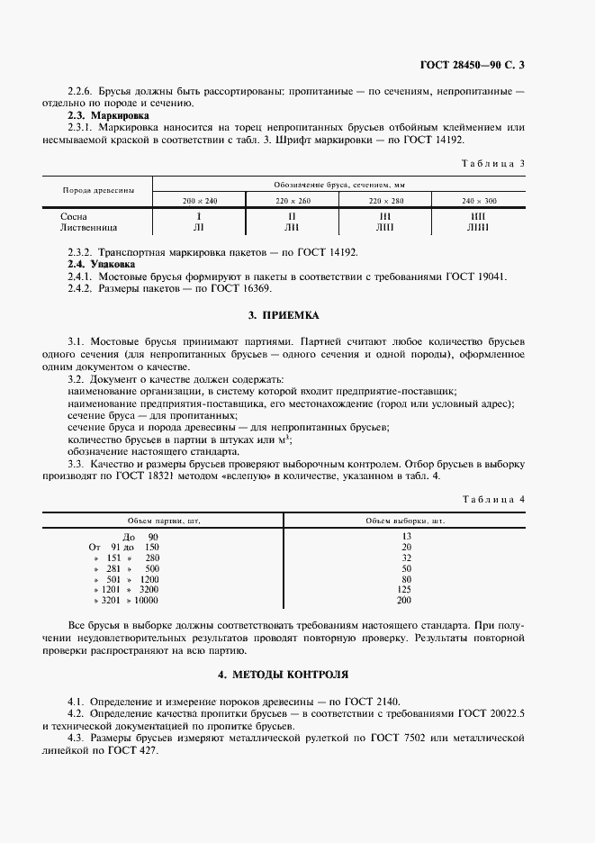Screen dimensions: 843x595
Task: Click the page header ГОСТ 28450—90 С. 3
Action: click(x=472, y=64)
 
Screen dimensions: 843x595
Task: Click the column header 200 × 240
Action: click(x=200, y=200)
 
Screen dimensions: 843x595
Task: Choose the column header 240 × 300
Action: click(x=479, y=200)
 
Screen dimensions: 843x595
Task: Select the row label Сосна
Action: click(x=74, y=217)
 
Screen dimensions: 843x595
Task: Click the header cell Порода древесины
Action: click(x=98, y=190)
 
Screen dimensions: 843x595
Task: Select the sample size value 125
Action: click(x=405, y=589)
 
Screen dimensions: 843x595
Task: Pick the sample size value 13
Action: click(x=405, y=536)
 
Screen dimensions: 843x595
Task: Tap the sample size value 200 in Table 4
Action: click(x=405, y=600)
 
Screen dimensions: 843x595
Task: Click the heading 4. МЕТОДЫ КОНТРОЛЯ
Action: click(x=283, y=675)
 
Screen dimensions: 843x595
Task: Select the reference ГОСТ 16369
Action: click(x=241, y=289)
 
